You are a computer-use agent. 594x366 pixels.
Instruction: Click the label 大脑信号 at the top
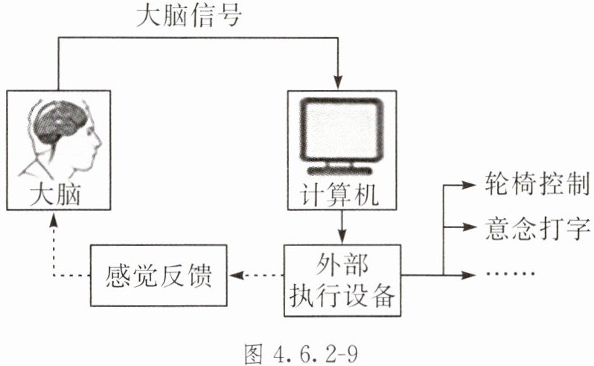click(189, 16)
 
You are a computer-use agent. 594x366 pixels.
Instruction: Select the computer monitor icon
click(342, 134)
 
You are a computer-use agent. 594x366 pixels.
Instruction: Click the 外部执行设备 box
click(342, 277)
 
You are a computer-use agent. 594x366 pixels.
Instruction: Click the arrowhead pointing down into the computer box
click(342, 82)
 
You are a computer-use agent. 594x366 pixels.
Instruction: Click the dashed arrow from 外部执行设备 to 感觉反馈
click(257, 276)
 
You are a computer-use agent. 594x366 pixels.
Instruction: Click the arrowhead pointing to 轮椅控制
click(468, 183)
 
